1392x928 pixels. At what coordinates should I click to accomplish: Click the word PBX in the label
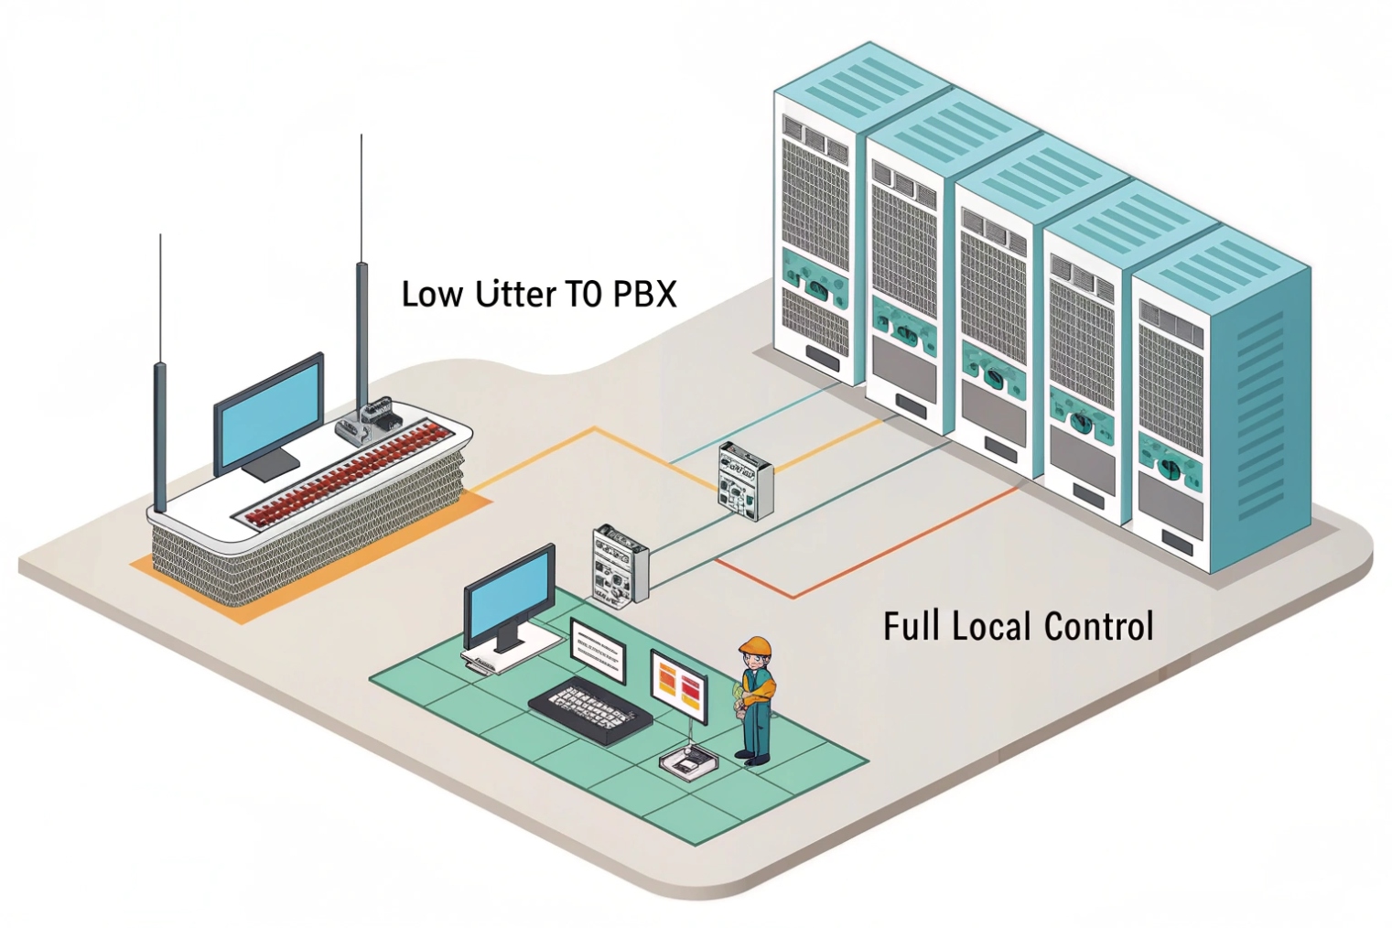(644, 294)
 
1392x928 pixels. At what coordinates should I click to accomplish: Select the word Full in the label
(912, 627)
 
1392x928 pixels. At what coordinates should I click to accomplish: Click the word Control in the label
(1098, 627)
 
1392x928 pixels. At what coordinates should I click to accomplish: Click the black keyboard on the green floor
(590, 711)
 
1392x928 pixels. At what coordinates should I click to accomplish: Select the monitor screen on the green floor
(510, 596)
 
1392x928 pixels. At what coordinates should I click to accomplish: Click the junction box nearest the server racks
(746, 480)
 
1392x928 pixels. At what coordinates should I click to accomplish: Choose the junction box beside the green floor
(620, 565)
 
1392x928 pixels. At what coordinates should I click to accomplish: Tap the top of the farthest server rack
(861, 79)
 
